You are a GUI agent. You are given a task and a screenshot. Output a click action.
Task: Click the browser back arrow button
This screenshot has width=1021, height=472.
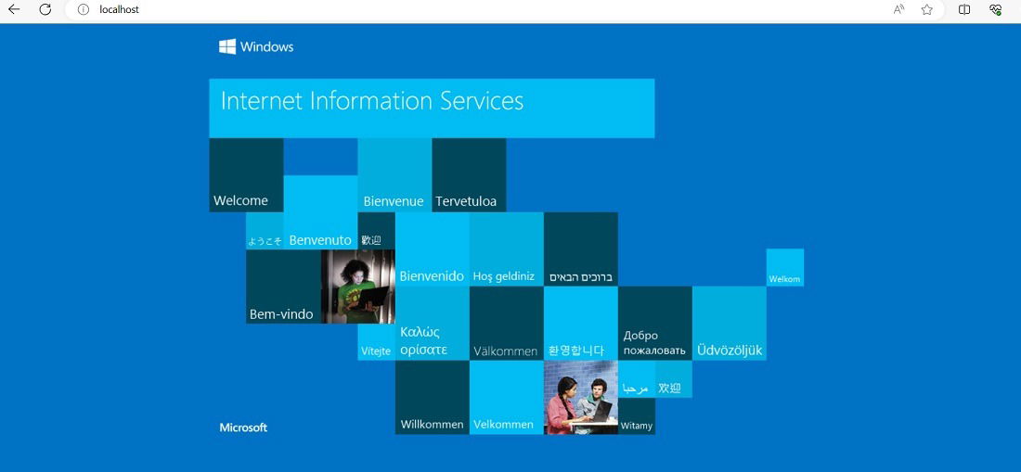(14, 10)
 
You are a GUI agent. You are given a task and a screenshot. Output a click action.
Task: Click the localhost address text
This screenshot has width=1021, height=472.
(119, 10)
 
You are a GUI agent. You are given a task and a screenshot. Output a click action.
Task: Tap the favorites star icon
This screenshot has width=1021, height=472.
(927, 10)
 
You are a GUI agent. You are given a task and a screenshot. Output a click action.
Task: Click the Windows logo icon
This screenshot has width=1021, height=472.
(227, 46)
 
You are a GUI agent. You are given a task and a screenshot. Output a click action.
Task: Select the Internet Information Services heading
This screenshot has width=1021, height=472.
(372, 101)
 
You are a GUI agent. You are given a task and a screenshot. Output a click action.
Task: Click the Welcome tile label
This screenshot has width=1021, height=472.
(240, 200)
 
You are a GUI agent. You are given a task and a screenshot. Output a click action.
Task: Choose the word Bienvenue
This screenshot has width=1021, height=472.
(394, 201)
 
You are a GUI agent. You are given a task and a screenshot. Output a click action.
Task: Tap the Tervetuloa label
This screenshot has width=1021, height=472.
(466, 201)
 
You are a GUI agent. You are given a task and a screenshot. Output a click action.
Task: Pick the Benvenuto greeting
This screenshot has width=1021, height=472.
(320, 240)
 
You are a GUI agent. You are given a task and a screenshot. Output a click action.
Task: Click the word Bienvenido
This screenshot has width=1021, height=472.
(432, 276)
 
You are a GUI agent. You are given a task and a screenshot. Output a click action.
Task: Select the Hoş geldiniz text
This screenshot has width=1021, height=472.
(504, 277)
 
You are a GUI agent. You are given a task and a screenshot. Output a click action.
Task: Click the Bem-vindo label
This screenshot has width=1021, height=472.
(281, 314)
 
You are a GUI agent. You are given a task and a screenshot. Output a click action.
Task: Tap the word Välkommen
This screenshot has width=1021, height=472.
(505, 351)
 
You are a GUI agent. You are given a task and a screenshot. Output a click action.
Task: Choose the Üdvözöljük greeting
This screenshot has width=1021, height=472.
(730, 351)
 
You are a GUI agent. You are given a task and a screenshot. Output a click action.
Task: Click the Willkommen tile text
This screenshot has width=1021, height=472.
(432, 425)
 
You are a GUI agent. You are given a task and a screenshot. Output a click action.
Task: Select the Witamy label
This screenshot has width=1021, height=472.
(636, 426)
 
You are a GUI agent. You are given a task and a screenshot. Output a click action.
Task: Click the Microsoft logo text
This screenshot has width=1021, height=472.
(243, 427)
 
